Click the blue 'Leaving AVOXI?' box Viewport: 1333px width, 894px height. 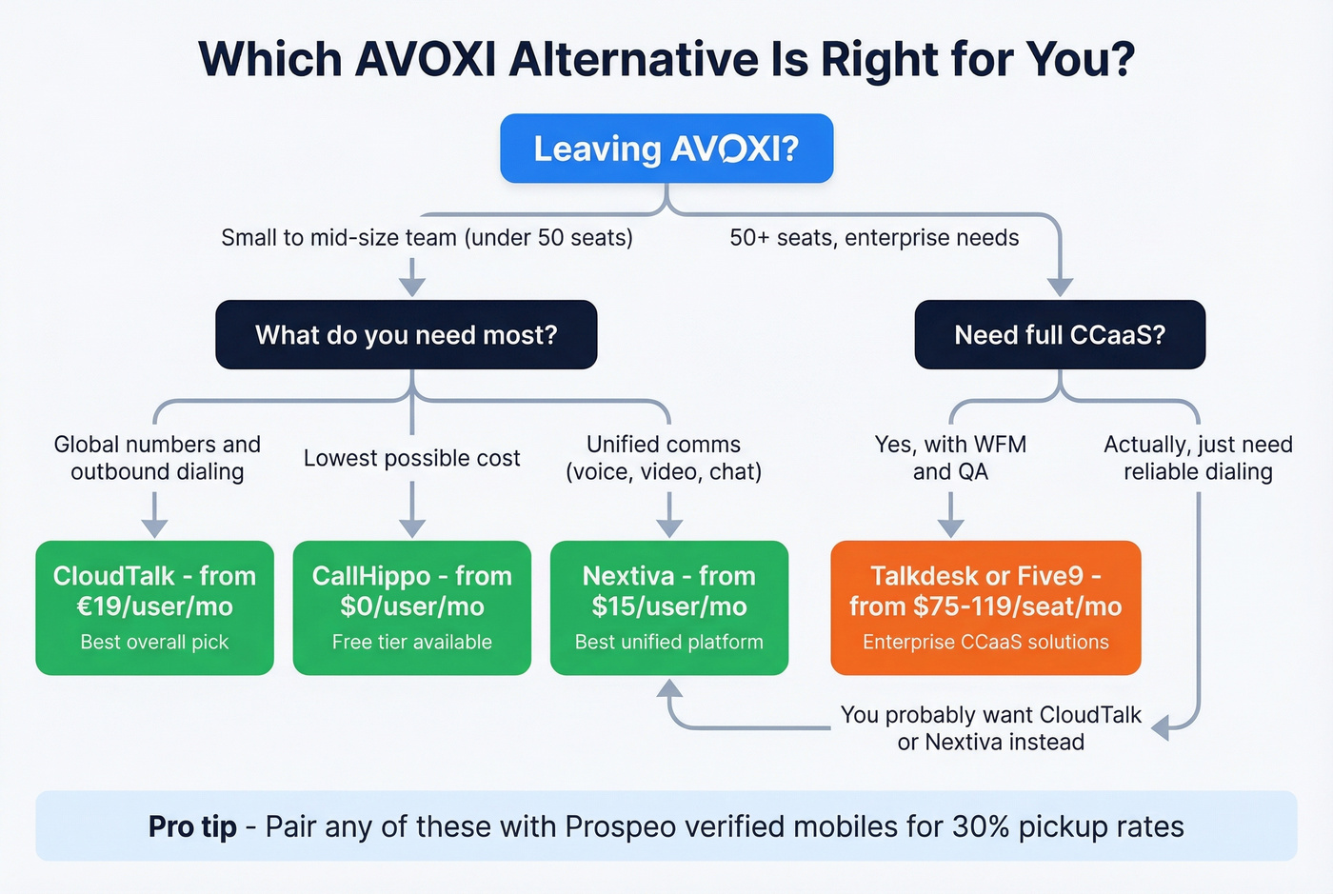[x=666, y=149]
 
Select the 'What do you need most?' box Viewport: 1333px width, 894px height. [x=407, y=335]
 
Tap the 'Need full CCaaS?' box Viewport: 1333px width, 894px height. [x=1060, y=335]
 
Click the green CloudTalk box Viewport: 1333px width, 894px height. [x=154, y=607]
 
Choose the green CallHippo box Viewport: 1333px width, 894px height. [x=411, y=607]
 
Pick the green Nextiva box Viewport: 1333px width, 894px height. [x=669, y=607]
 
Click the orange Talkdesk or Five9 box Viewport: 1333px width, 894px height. [x=985, y=607]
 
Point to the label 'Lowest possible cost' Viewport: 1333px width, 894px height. [x=411, y=458]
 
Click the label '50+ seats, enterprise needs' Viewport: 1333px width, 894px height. [x=874, y=238]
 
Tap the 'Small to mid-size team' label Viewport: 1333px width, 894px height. [x=427, y=238]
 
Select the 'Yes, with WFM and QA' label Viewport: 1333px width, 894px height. [x=950, y=458]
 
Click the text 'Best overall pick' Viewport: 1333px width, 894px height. [x=154, y=642]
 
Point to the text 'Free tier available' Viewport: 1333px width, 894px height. [x=411, y=642]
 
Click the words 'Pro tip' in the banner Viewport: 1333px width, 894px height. [x=192, y=826]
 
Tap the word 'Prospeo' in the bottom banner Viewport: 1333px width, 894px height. [x=620, y=826]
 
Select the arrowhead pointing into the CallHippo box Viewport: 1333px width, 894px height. [x=411, y=527]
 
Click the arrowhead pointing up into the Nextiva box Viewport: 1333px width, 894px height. [x=669, y=689]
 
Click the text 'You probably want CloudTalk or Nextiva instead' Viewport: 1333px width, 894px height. [x=990, y=728]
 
